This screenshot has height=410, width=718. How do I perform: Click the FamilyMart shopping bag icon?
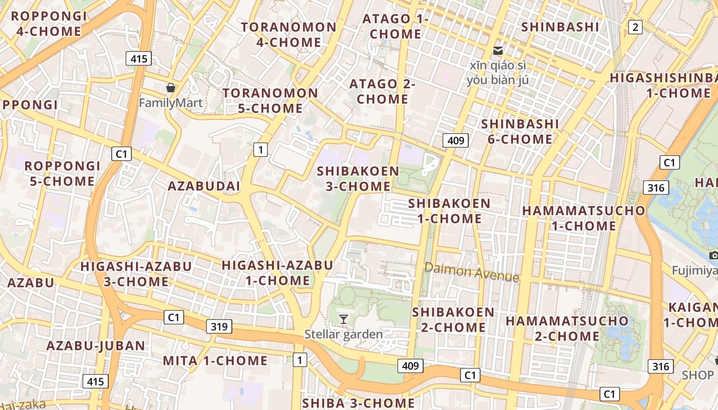click(x=171, y=88)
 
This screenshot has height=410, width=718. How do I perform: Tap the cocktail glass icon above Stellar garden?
click(x=344, y=319)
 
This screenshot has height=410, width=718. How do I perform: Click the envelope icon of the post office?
click(x=497, y=51)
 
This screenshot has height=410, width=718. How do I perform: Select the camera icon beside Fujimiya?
click(x=713, y=255)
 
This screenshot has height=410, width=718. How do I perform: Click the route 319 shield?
click(x=220, y=326)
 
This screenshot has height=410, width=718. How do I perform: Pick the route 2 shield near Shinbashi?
click(x=635, y=27)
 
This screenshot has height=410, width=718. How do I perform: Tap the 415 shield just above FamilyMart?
click(x=139, y=58)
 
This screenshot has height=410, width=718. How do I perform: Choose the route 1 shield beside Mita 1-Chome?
click(x=300, y=360)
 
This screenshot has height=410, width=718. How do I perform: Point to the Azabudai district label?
click(x=204, y=186)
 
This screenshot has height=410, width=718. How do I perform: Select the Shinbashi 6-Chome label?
click(x=520, y=132)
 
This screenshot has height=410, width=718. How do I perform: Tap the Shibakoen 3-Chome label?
click(x=358, y=178)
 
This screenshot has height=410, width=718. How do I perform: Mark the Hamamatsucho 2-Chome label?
click(x=567, y=329)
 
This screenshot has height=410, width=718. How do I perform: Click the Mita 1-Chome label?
click(x=215, y=361)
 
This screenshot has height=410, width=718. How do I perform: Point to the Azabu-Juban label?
click(x=96, y=345)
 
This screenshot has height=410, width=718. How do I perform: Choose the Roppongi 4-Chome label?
click(x=49, y=24)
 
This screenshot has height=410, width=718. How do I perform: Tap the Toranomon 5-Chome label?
click(x=270, y=100)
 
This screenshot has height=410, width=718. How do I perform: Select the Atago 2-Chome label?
click(x=382, y=91)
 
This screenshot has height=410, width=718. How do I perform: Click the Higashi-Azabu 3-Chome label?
click(x=136, y=274)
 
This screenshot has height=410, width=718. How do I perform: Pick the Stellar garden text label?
click(x=344, y=335)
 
